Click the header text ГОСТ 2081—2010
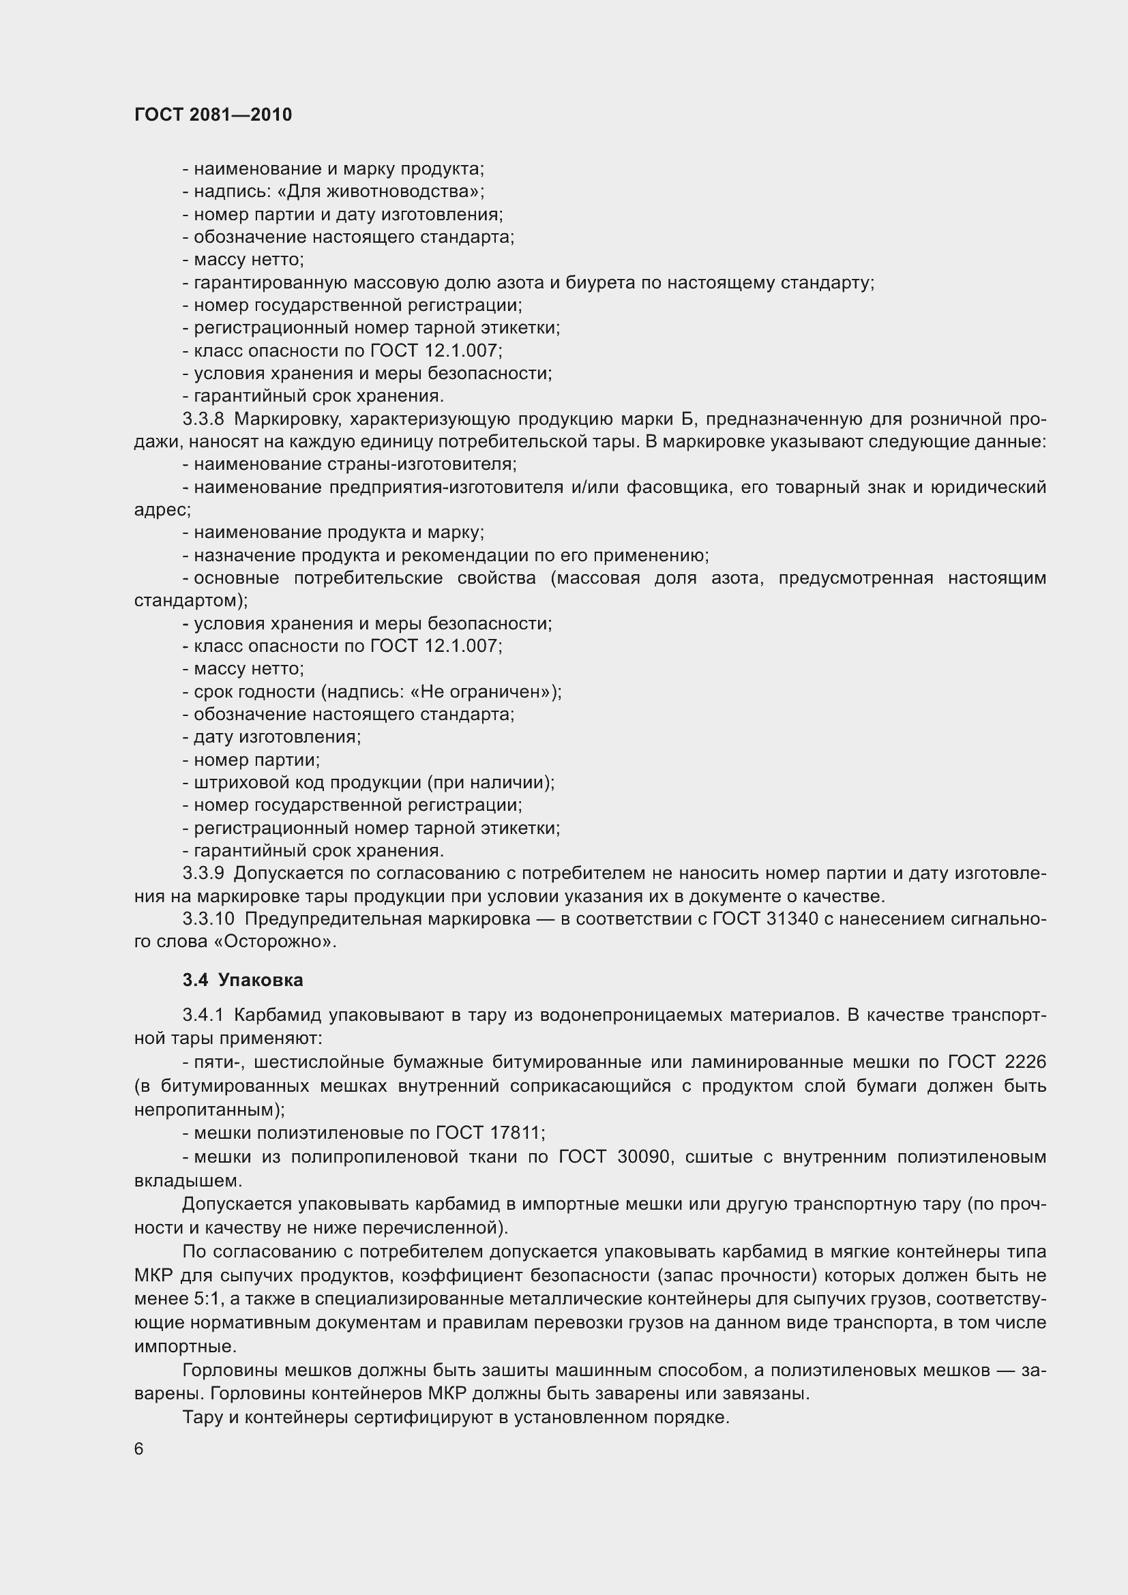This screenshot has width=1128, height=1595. point(213,115)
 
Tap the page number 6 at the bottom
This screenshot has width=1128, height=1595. point(139,1448)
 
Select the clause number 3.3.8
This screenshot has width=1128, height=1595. point(203,419)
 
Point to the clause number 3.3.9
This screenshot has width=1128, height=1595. point(203,874)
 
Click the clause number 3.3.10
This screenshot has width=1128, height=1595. point(209,919)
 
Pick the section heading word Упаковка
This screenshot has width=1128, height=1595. point(261,980)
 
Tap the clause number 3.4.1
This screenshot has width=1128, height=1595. point(203,1015)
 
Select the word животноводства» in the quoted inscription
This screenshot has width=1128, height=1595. point(404,191)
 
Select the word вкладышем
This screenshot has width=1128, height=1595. point(188,1180)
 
